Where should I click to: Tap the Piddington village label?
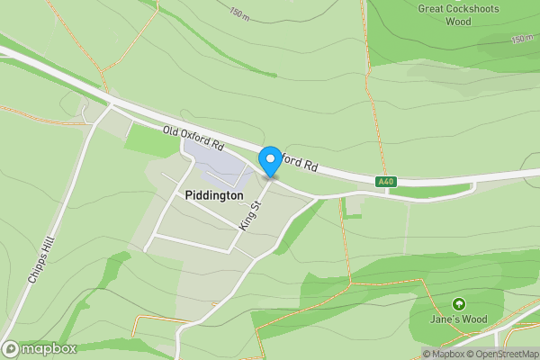(213, 195)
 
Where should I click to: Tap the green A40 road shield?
(386, 182)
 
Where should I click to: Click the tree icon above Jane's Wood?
(459, 305)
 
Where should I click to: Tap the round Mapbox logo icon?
(11, 348)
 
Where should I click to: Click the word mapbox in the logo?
(49, 348)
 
